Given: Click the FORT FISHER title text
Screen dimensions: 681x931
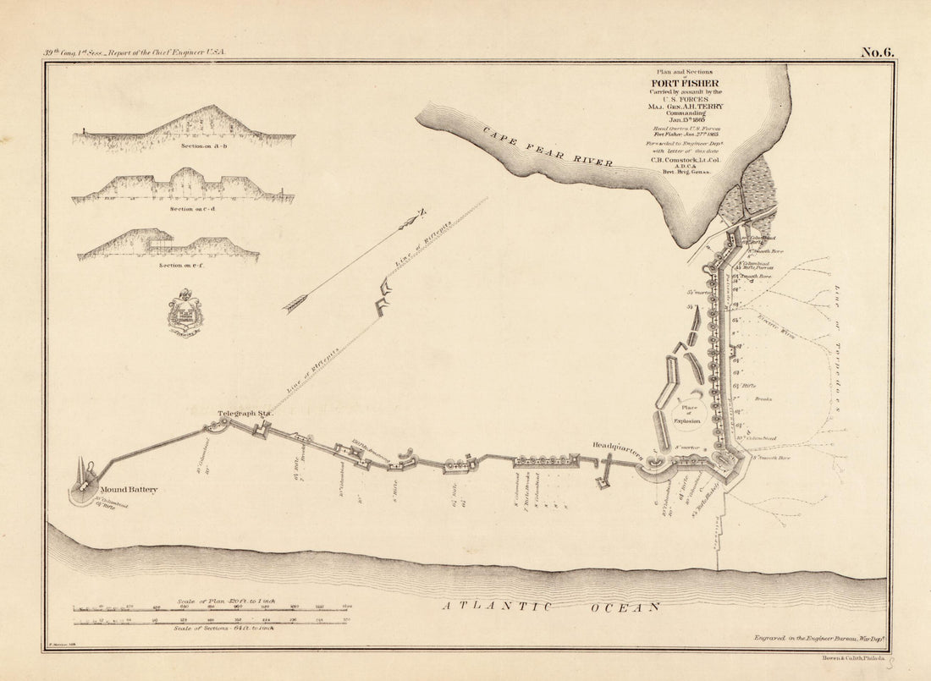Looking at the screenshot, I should (686, 83).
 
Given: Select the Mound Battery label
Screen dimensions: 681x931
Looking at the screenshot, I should (129, 489).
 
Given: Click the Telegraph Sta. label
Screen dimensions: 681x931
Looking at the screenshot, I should (244, 414).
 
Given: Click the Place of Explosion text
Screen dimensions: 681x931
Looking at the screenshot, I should (687, 414).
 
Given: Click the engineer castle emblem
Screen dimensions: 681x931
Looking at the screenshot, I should (185, 314).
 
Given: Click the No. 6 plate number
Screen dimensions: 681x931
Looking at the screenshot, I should (877, 52).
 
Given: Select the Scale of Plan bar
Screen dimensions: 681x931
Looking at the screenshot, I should (213, 607).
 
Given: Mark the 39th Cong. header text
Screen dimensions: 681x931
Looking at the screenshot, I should (135, 52).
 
